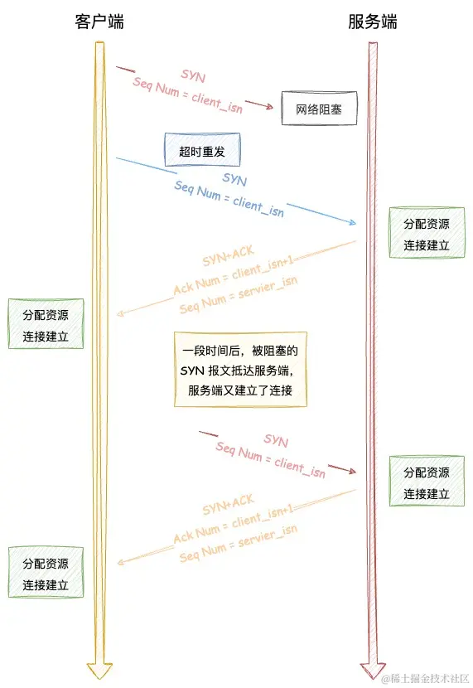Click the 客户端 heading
point(99,22)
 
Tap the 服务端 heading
point(372,22)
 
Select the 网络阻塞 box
point(319,108)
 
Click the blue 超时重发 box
point(202,150)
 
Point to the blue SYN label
point(234,178)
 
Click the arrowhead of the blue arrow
point(353,223)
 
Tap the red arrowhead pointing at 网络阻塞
point(269,107)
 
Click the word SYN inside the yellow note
point(192,371)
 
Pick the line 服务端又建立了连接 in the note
point(240,390)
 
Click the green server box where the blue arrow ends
point(427,235)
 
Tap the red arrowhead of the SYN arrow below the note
point(353,471)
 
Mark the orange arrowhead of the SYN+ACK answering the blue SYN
point(120,314)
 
